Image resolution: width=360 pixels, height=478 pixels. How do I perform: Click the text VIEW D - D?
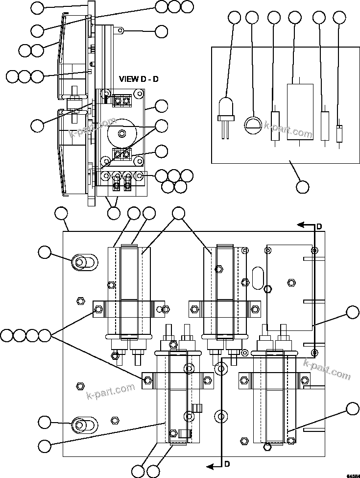(x=139, y=79)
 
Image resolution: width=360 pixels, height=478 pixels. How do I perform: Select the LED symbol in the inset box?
(x=225, y=110)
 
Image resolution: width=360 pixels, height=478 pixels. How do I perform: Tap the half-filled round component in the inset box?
(x=253, y=124)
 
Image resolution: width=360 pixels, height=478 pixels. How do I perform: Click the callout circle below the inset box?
(x=303, y=187)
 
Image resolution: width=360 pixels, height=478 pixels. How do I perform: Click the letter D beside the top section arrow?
(x=319, y=226)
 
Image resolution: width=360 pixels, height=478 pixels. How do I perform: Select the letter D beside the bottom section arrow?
(x=227, y=464)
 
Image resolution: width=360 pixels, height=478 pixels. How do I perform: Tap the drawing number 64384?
(x=353, y=475)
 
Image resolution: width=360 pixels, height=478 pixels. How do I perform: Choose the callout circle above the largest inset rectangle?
(x=295, y=18)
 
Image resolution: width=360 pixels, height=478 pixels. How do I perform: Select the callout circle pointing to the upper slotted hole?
(x=45, y=252)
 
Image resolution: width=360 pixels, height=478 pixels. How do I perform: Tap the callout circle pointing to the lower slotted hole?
(x=45, y=422)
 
